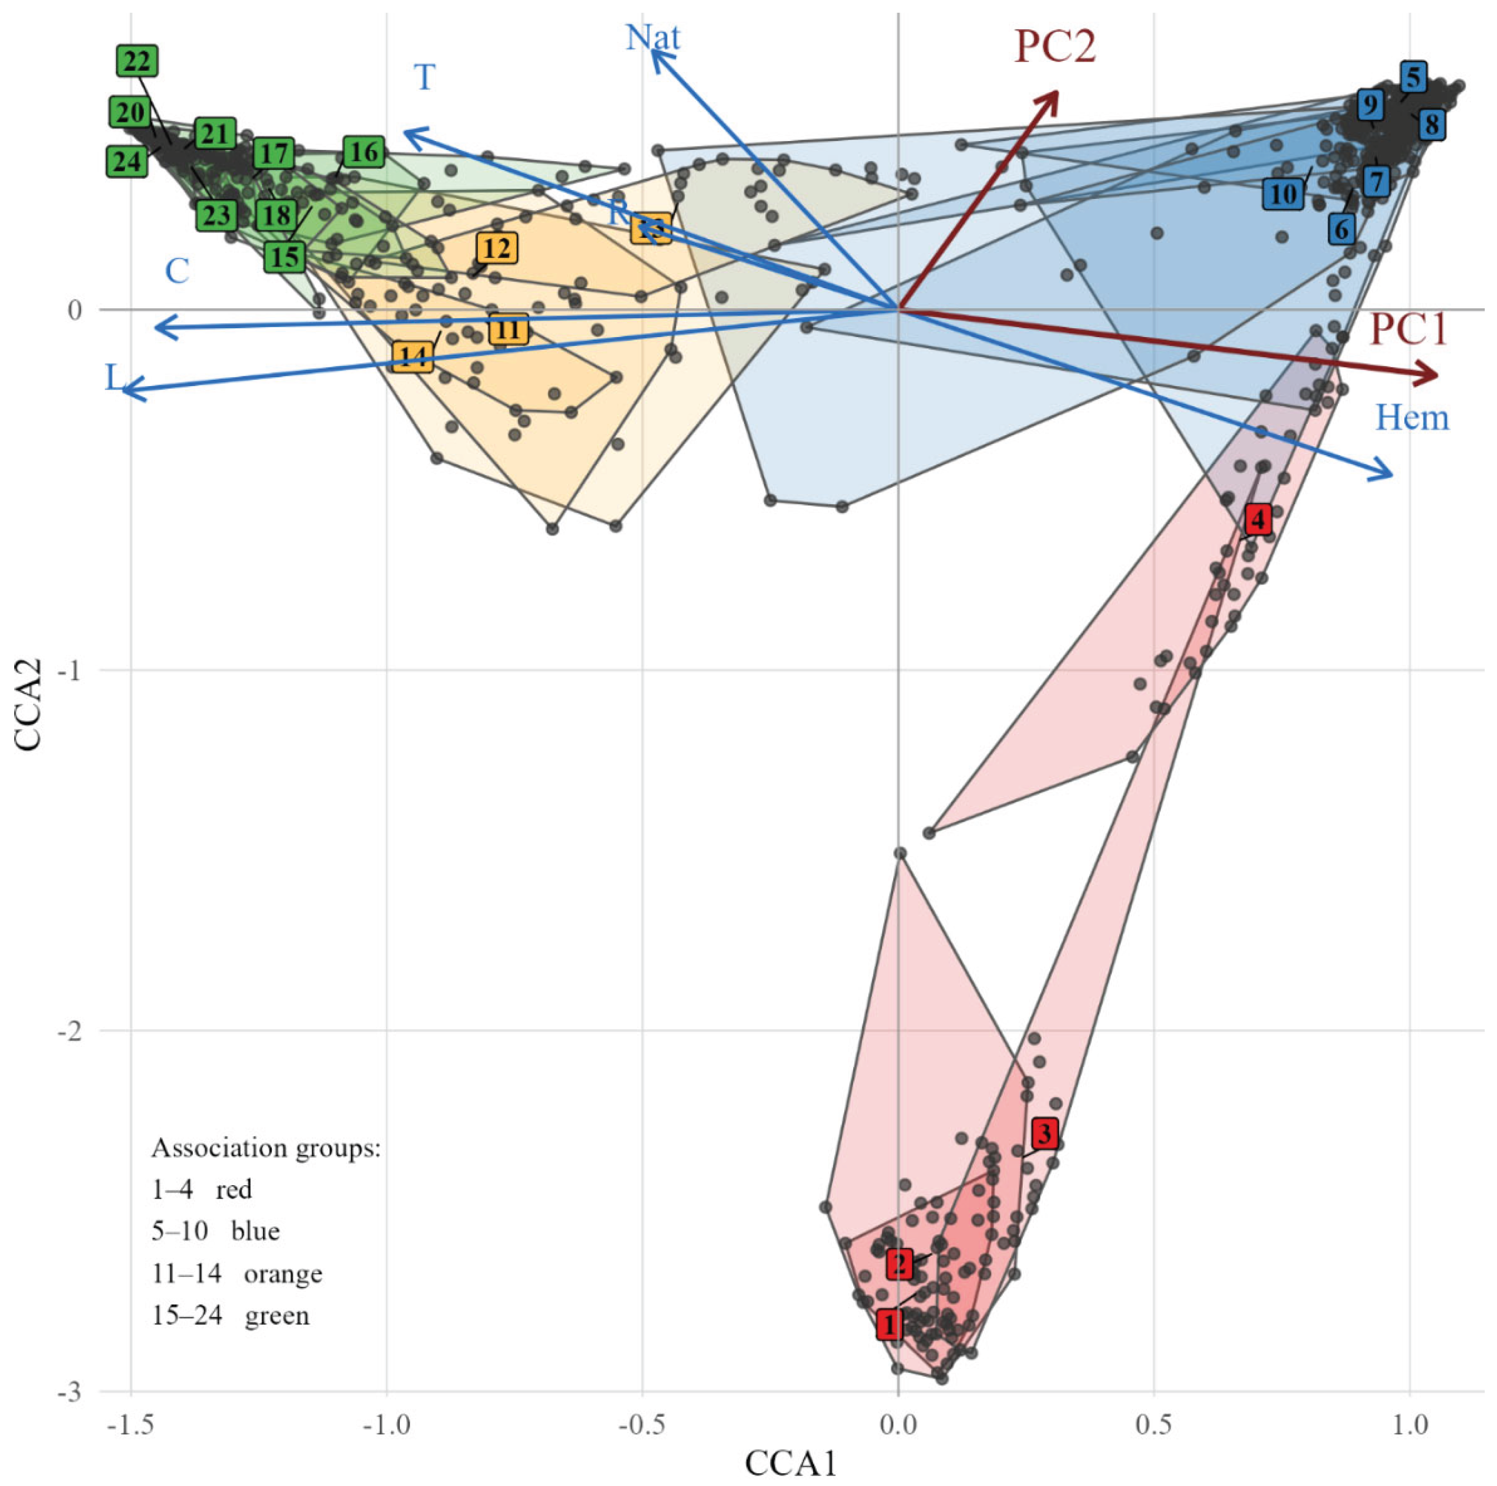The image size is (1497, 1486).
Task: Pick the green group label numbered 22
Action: pos(137,61)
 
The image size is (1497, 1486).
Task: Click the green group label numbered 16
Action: pos(364,152)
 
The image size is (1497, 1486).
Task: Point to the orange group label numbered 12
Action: pos(497,248)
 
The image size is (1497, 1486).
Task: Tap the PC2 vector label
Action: pos(1055,47)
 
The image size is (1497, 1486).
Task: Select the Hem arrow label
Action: pos(1412,418)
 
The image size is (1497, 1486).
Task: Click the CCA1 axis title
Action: pos(790,1462)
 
